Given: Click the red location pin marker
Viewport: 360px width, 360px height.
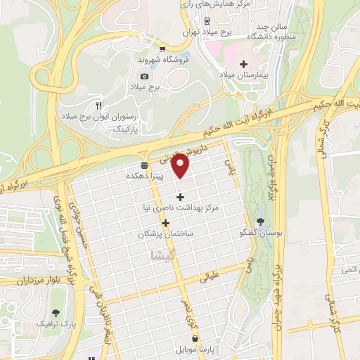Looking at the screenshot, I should (x=181, y=165).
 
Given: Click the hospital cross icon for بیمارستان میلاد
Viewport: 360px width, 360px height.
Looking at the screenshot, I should (x=243, y=64).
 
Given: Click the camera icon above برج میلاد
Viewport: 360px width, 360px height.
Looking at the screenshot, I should (x=144, y=76).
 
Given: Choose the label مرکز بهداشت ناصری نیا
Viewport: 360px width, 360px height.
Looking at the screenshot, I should (x=181, y=208).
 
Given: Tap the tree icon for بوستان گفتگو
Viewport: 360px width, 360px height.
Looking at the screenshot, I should (x=259, y=221).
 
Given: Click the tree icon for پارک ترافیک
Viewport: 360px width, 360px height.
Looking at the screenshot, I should (x=56, y=313).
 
